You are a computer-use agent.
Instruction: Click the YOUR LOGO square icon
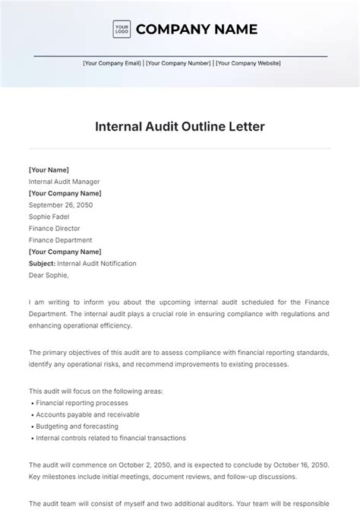point(121,30)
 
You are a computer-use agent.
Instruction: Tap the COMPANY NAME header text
point(196,30)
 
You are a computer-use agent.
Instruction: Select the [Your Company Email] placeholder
point(112,64)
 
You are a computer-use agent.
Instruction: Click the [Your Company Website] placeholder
point(248,64)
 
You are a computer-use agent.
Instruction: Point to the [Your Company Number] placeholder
point(178,64)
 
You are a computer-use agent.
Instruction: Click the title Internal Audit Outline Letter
point(179,126)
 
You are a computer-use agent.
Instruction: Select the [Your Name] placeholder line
point(49,170)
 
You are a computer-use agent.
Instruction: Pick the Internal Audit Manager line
point(64,182)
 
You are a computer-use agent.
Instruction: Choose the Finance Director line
point(54,228)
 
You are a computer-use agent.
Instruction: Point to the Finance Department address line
point(60,240)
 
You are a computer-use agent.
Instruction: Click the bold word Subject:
point(42,264)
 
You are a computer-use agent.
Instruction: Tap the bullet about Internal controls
point(110,439)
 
